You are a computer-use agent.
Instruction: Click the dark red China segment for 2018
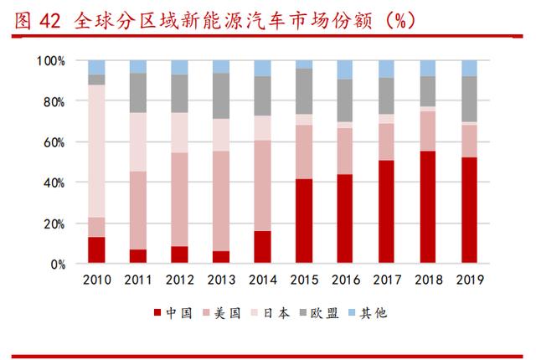427,207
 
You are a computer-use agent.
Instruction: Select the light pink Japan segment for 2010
96,151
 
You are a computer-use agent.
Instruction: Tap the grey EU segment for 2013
221,95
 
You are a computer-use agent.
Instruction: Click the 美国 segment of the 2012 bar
179,199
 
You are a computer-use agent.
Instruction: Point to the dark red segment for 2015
303,221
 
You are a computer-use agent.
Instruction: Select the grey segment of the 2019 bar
469,99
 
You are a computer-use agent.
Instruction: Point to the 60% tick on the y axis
52,142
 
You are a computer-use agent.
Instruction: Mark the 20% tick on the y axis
52,224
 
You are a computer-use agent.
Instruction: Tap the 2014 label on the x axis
262,280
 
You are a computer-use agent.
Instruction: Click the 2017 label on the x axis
386,280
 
